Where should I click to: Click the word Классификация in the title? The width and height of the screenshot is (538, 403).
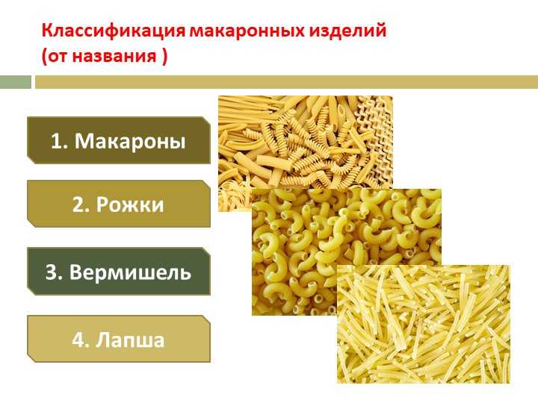(x=114, y=31)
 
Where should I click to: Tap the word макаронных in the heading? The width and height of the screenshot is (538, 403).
(x=247, y=31)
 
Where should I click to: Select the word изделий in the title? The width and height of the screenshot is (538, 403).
(x=347, y=31)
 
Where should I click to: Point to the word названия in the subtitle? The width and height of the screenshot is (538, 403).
(x=114, y=56)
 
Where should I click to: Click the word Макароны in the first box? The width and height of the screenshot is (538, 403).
(x=130, y=141)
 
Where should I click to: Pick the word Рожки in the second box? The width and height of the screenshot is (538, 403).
(x=130, y=204)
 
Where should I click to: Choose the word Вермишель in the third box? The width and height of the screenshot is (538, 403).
(x=130, y=272)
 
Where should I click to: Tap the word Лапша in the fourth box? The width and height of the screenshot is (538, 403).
(x=130, y=340)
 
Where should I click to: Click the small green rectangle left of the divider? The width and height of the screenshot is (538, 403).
(x=16, y=82)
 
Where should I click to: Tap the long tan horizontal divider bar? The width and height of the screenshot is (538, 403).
(x=286, y=82)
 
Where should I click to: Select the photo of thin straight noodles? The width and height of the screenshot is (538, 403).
(x=424, y=324)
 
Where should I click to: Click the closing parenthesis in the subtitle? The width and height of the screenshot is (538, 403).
(x=164, y=56)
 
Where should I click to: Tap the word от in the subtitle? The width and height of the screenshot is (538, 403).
(x=58, y=57)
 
